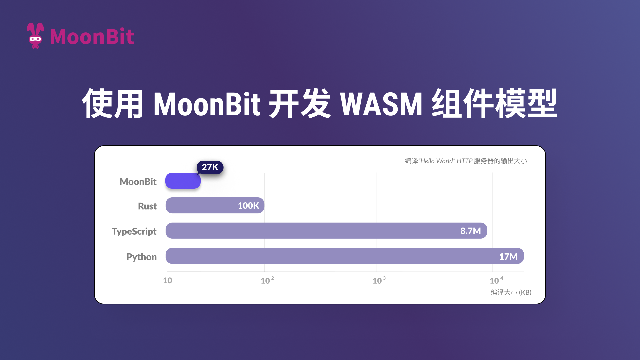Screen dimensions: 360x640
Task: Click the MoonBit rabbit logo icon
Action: [x=35, y=36]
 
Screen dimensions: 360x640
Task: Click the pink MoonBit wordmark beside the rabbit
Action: [x=92, y=37]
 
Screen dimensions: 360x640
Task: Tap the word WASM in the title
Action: [x=381, y=104]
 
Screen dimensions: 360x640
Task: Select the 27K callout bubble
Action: [x=210, y=167]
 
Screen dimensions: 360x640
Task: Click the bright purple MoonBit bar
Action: [x=183, y=181]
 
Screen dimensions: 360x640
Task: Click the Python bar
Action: [x=333, y=256]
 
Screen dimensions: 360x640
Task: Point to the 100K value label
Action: [x=248, y=206]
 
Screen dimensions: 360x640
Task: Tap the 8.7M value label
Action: [x=470, y=231]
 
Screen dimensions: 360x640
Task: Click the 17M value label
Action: [x=508, y=257]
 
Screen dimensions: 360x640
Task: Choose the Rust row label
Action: [x=147, y=206]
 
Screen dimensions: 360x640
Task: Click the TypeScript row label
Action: [x=134, y=231]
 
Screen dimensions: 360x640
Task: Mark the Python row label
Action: [x=141, y=257]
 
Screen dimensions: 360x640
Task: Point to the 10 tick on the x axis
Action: [x=167, y=280]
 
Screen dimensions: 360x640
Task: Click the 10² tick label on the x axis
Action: [x=267, y=280]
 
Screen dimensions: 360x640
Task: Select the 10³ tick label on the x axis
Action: [x=379, y=280]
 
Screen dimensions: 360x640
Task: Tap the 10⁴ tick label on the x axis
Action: [x=496, y=280]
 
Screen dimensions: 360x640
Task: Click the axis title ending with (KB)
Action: [x=511, y=292]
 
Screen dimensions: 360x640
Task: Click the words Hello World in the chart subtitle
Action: [x=437, y=161]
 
